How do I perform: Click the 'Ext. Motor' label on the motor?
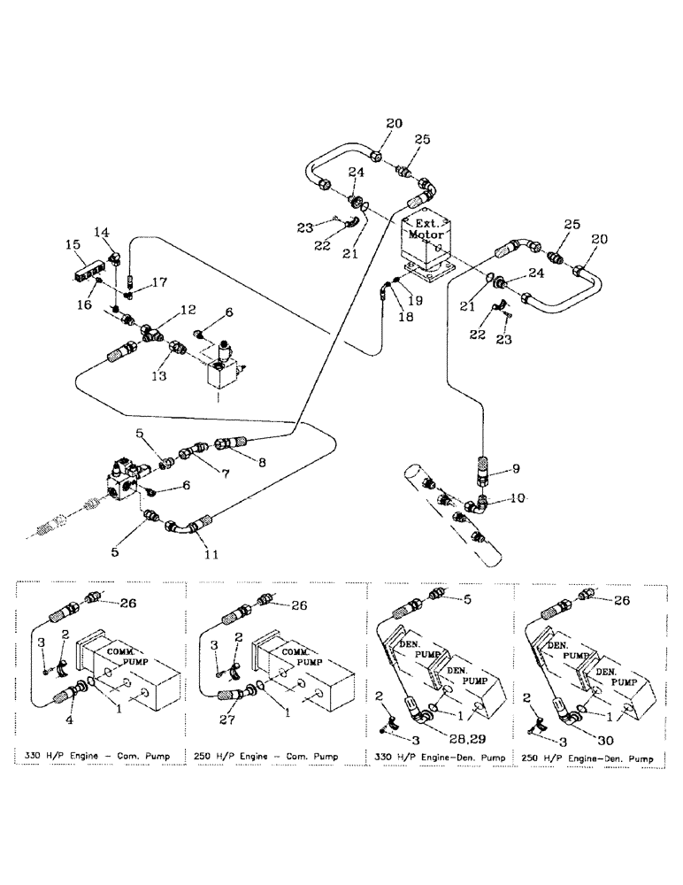(x=427, y=232)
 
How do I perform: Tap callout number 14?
(x=103, y=232)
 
